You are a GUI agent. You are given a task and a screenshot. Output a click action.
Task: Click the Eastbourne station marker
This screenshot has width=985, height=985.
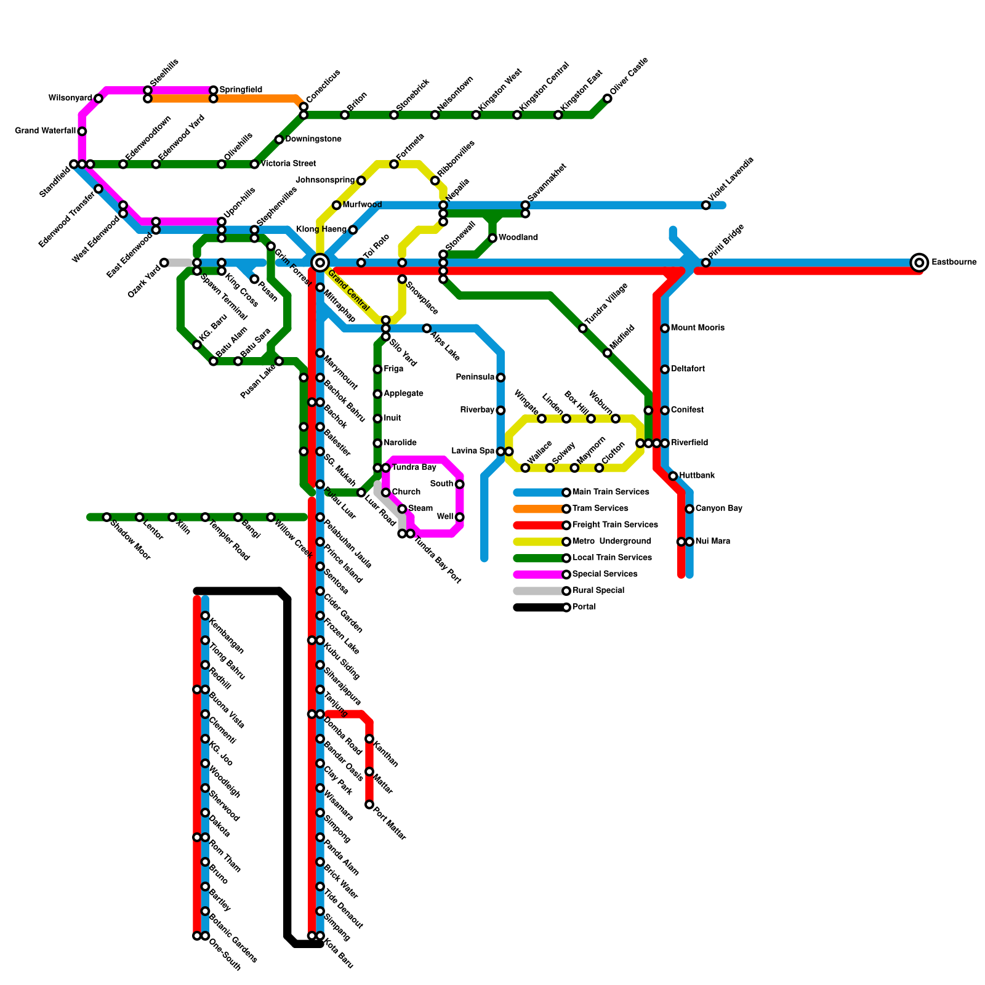point(919,263)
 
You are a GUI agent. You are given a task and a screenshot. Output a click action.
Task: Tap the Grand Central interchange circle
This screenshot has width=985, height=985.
point(320,263)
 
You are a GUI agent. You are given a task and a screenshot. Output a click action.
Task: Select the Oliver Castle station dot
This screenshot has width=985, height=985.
point(608,98)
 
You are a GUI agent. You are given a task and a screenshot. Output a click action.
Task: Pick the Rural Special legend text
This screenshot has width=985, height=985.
point(598,590)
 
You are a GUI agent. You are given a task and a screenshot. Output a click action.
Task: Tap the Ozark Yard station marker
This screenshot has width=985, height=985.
point(164,263)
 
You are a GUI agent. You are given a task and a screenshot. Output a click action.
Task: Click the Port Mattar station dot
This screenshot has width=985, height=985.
point(369,805)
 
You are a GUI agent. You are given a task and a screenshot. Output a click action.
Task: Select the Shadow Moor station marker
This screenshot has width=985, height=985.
point(107,517)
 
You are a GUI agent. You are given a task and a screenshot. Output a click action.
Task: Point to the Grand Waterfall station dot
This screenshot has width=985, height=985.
point(82,131)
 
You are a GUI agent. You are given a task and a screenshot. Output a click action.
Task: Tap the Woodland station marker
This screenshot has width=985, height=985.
point(492,238)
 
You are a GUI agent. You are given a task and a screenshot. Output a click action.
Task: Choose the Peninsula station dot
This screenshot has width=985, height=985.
point(501,377)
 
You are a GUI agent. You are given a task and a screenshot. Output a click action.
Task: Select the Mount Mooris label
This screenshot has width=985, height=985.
point(698,328)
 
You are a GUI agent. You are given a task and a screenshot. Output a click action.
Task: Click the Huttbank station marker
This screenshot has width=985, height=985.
point(673,476)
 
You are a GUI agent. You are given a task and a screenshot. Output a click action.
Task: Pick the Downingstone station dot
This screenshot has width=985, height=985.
point(279,140)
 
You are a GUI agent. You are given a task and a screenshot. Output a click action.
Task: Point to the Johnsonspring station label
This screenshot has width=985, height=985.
point(325,180)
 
